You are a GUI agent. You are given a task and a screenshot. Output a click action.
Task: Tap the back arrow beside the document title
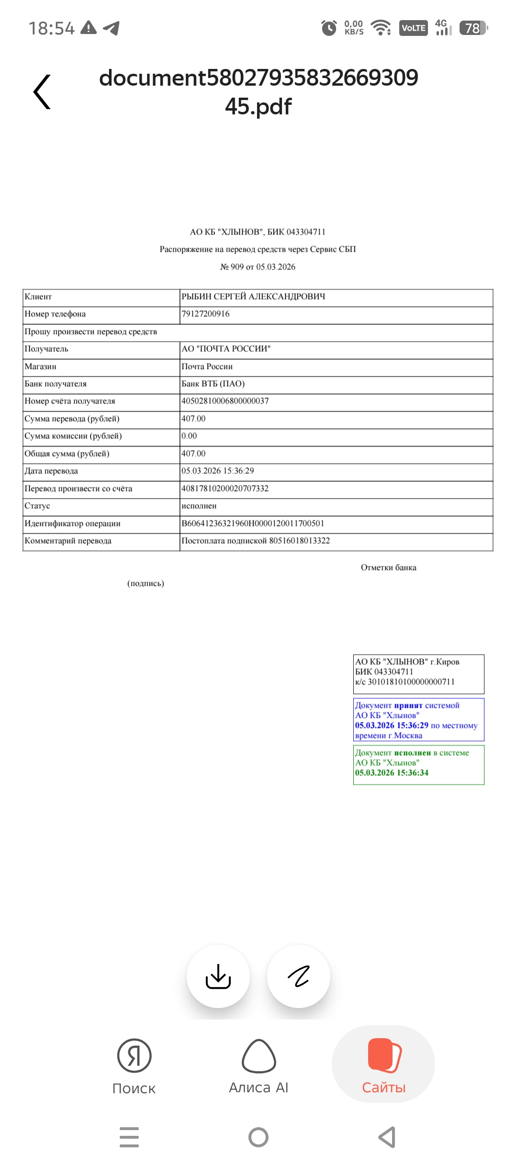click(x=42, y=91)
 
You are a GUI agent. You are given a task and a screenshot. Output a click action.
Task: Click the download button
click(x=218, y=976)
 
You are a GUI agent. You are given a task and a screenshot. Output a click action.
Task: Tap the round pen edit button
click(x=299, y=976)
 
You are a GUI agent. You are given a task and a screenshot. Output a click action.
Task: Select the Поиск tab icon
click(x=134, y=1055)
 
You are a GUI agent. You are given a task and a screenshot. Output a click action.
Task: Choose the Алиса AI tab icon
click(x=259, y=1055)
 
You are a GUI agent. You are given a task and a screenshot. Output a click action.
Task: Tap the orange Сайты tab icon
click(x=384, y=1055)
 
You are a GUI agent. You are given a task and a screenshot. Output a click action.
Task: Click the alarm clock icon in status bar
click(x=328, y=28)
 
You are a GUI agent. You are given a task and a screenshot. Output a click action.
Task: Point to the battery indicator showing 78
click(x=473, y=28)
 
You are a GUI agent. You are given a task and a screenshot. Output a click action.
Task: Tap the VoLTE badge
click(x=414, y=28)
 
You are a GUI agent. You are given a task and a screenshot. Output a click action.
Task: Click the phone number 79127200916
click(x=205, y=314)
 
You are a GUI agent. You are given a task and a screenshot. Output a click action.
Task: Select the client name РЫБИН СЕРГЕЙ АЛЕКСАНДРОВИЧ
click(x=253, y=297)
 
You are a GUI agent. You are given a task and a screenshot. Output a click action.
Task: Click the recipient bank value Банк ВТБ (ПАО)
click(x=213, y=384)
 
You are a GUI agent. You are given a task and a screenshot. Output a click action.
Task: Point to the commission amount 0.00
click(x=189, y=436)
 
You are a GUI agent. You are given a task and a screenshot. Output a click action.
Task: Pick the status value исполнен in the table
click(x=199, y=506)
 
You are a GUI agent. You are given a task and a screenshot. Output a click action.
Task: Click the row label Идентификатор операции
click(x=73, y=524)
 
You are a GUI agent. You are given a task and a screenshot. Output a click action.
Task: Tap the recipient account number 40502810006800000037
click(x=225, y=401)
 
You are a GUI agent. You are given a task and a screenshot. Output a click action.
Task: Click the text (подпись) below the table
click(x=146, y=583)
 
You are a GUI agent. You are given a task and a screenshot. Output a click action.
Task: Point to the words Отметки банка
click(x=389, y=568)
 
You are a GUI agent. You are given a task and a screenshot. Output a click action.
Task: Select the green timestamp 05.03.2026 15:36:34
click(x=392, y=773)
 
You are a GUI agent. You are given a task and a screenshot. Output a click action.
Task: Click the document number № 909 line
click(x=258, y=267)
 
